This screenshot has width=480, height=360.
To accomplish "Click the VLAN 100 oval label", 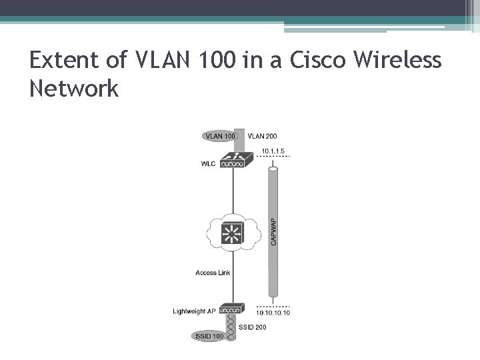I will (x=220, y=136).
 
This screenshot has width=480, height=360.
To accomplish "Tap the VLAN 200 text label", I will (x=262, y=136).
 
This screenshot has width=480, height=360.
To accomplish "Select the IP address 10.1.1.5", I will (x=273, y=151).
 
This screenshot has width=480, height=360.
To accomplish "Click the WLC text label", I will (x=208, y=164).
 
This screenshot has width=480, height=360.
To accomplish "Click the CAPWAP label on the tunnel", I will (x=273, y=231).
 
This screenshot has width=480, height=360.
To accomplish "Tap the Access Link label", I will (x=213, y=273).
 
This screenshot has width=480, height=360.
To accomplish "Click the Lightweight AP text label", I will (x=194, y=311).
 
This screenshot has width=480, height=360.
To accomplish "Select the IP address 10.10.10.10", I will (x=273, y=313).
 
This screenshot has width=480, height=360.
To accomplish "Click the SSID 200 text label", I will (x=252, y=327).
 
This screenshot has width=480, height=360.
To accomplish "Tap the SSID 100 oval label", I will (x=210, y=336).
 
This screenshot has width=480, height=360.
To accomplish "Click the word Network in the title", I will (x=74, y=89).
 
